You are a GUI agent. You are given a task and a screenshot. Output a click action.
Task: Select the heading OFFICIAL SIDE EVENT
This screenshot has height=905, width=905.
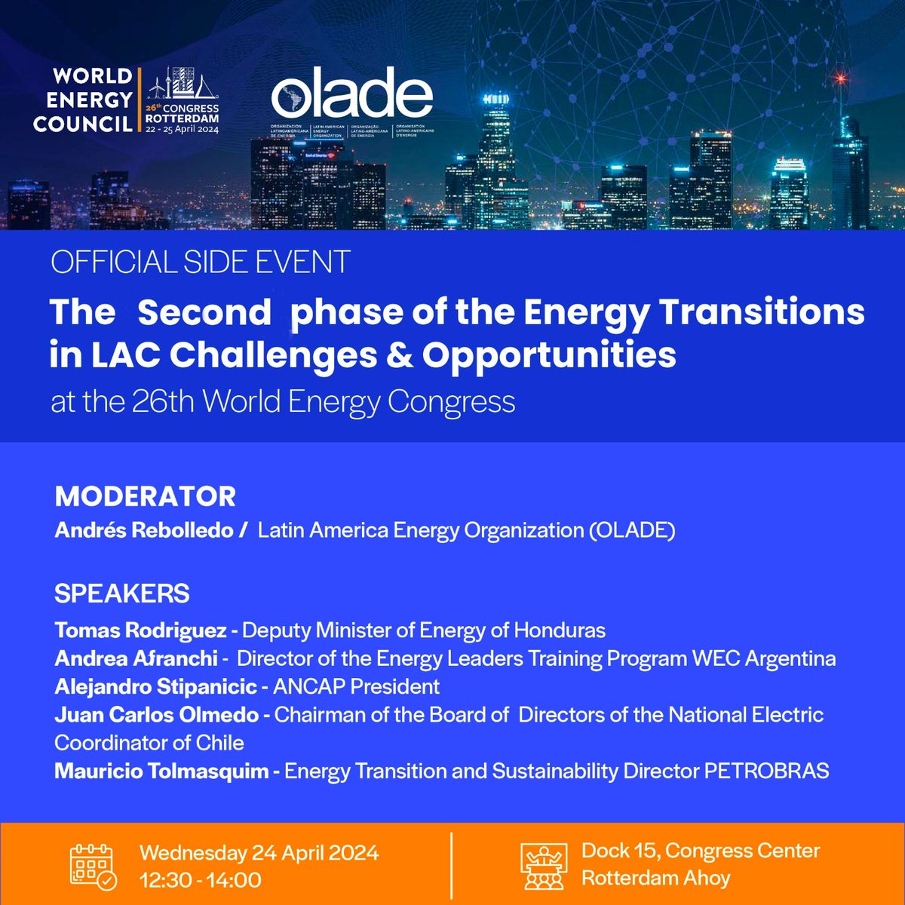pyautogui.click(x=200, y=262)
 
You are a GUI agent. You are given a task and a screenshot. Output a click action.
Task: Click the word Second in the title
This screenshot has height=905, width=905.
pyautogui.click(x=204, y=313)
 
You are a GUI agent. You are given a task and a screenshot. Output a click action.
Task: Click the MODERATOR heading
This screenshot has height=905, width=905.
pyautogui.click(x=145, y=497)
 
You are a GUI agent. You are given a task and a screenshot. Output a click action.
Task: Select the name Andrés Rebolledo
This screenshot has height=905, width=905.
pyautogui.click(x=143, y=530)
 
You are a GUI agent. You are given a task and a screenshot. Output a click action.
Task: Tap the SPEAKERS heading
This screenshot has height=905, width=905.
pyautogui.click(x=121, y=594)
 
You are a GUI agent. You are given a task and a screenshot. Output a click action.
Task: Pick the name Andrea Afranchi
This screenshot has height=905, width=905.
pyautogui.click(x=136, y=658)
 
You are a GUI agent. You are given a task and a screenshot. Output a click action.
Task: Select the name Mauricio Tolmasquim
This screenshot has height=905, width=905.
pyautogui.click(x=161, y=772)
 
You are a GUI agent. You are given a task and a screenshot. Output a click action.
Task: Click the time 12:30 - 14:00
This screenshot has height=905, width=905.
pyautogui.click(x=201, y=880)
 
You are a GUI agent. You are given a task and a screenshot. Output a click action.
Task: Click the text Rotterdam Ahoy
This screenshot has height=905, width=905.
pyautogui.click(x=655, y=879)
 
